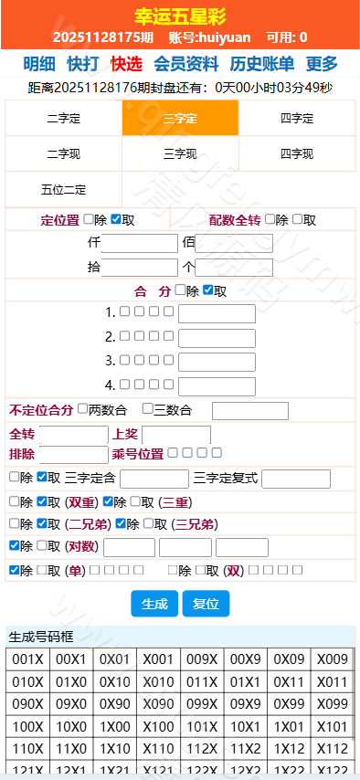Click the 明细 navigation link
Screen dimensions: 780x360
(x=39, y=64)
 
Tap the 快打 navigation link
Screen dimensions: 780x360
(x=83, y=64)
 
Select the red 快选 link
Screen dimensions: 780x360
(x=126, y=64)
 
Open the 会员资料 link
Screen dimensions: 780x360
(x=185, y=64)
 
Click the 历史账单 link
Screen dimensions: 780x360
(x=261, y=64)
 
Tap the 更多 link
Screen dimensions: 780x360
(x=322, y=64)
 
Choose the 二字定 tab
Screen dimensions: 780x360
(x=64, y=119)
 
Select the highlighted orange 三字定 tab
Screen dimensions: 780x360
(x=180, y=119)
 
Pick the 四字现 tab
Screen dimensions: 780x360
(x=297, y=153)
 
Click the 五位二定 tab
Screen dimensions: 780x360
(x=64, y=189)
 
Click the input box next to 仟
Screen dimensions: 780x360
(x=139, y=243)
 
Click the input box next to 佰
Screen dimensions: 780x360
(x=234, y=243)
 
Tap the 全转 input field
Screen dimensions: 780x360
(x=73, y=435)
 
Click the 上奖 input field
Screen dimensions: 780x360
(x=175, y=435)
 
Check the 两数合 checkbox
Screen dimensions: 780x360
(x=83, y=409)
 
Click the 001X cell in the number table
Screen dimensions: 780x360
(x=27, y=659)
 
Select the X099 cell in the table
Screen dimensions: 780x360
(x=333, y=703)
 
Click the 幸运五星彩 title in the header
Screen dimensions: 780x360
(x=180, y=16)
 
